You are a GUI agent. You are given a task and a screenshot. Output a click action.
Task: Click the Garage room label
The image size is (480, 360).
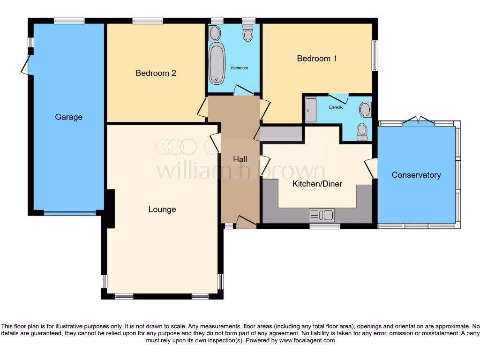(68, 117)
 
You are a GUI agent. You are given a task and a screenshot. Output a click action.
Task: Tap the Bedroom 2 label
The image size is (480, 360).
(156, 73)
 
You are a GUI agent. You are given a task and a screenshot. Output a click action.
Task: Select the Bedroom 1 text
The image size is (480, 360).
(317, 59)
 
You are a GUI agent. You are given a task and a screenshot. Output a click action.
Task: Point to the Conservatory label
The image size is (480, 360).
(416, 175)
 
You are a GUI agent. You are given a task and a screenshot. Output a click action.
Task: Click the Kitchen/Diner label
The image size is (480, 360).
(317, 184)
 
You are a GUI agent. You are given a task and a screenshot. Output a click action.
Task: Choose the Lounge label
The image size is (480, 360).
(162, 210)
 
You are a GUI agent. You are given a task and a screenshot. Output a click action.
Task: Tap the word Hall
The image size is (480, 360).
(240, 159)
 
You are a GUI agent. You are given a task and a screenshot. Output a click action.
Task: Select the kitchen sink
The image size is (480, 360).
(322, 215)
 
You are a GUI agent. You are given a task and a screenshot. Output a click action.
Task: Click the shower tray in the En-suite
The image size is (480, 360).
(311, 110)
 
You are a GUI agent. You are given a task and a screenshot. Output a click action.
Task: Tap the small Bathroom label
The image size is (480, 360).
(239, 68)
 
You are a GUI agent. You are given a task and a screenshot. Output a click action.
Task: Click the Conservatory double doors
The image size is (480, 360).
(418, 121)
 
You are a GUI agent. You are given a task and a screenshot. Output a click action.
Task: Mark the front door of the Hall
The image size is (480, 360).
(246, 222)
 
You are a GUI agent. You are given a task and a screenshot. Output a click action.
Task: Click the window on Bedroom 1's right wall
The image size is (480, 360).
(375, 55)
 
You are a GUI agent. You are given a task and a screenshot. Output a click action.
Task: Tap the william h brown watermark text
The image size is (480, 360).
(240, 171)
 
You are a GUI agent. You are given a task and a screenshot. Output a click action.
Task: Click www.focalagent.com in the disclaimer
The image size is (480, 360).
(307, 340)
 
